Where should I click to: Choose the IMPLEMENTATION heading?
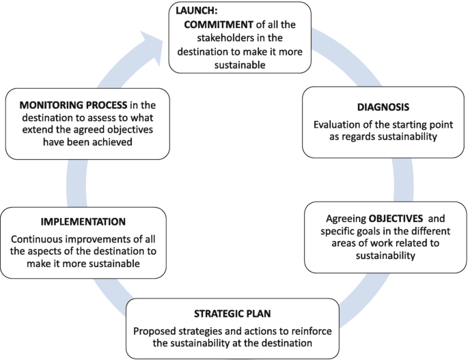[x=83, y=222]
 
